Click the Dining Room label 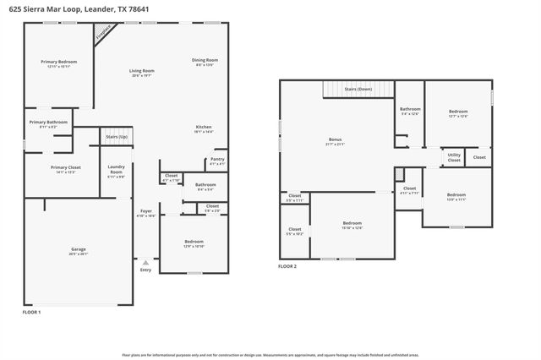tap(205, 60)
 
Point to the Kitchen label tap(204, 127)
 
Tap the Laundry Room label tap(116, 169)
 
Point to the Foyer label tap(145, 212)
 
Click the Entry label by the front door tap(145, 270)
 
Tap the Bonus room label tap(336, 139)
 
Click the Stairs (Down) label tap(358, 88)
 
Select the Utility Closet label tap(454, 156)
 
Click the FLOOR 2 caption tap(287, 266)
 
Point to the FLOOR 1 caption tap(31, 312)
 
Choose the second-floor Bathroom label tap(410, 109)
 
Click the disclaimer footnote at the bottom tap(270, 355)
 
